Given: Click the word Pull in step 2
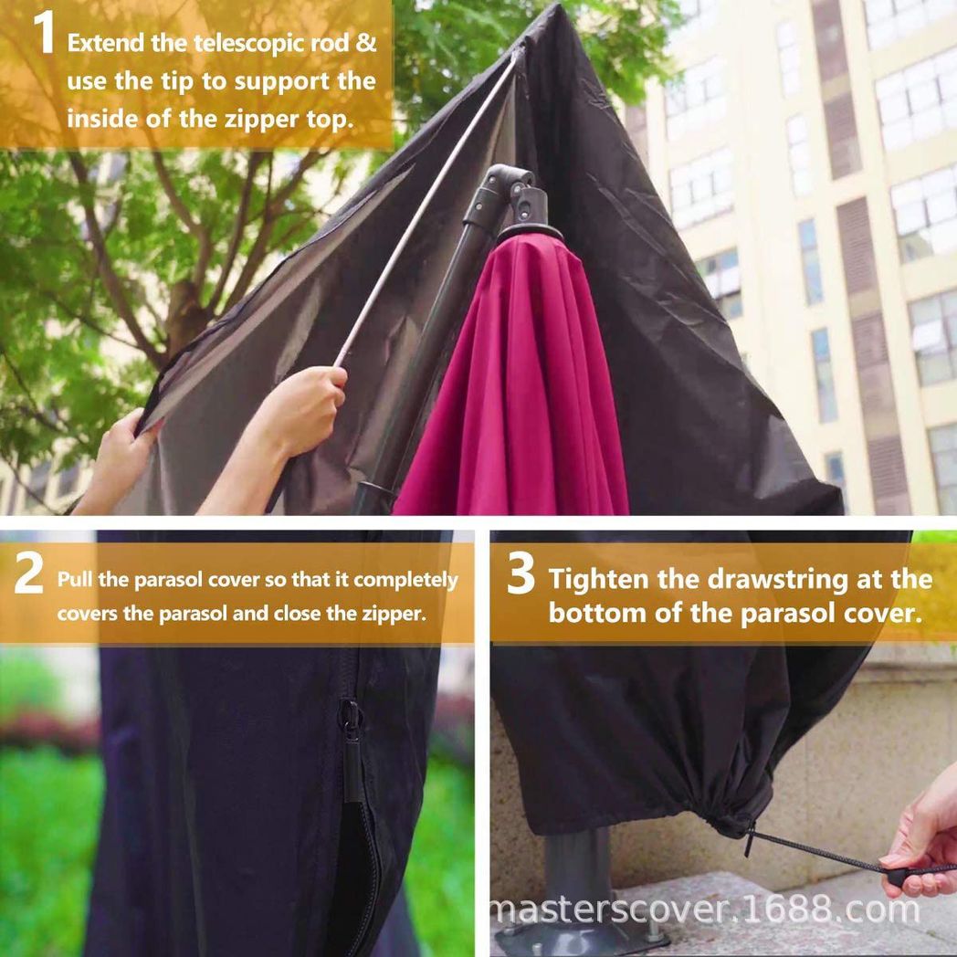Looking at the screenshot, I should click(73, 580).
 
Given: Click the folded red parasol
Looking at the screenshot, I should click(516, 384).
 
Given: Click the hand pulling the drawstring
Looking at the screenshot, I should click(922, 840).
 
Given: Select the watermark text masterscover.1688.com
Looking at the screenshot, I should click(706, 910).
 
